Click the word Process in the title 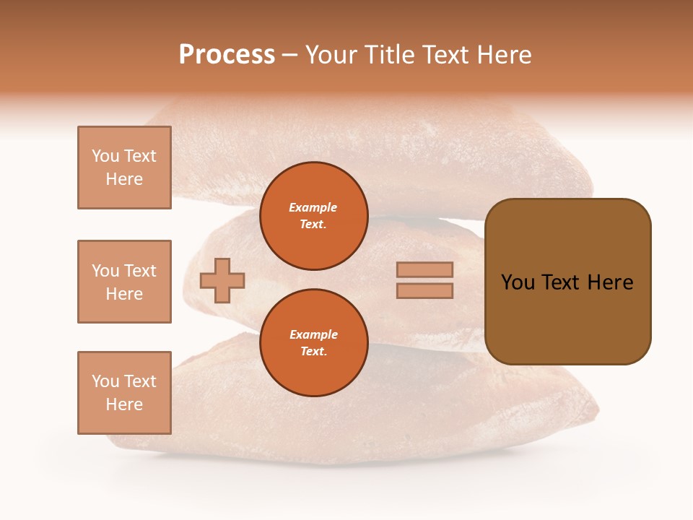tap(227, 55)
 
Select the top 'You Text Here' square tap(124, 168)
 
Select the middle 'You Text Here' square tap(124, 282)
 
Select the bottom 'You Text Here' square tap(124, 393)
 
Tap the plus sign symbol tap(222, 280)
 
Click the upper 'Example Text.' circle tap(313, 215)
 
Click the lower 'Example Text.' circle tap(313, 342)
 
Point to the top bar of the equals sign tap(424, 269)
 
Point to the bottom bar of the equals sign tap(424, 290)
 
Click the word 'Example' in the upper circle tap(313, 207)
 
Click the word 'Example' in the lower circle tap(313, 334)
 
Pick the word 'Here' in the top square tap(124, 179)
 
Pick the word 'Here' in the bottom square tap(124, 404)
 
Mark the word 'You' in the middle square tap(105, 271)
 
